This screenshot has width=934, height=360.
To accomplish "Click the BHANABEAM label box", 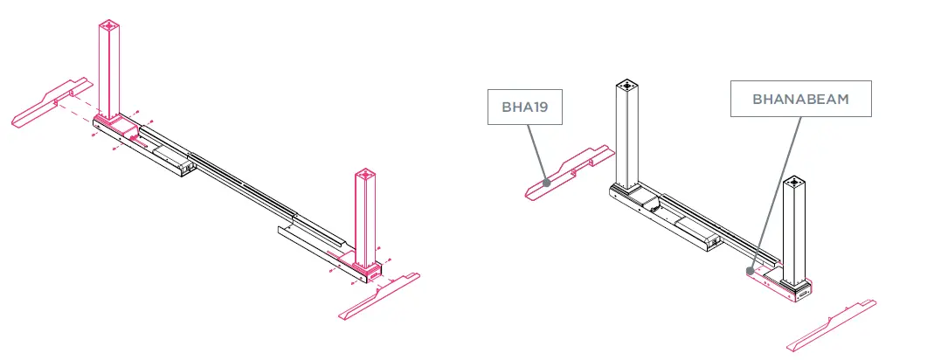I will click(800, 100).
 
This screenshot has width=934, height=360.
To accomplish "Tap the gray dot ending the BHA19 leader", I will click(545, 183).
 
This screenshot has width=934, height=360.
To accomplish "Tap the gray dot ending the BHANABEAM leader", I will click(750, 271).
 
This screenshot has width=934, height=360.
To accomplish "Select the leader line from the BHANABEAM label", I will click(776, 192).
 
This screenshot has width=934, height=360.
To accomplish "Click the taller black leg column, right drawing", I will click(627, 135).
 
